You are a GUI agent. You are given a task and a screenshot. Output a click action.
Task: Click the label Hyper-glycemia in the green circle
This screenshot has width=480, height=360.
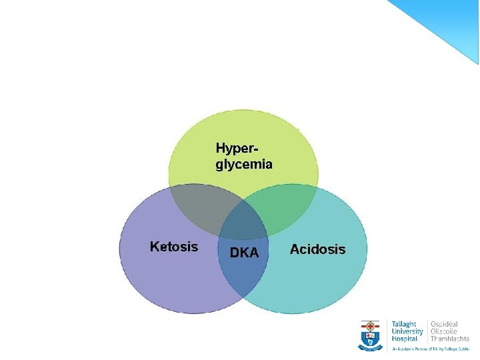tap(243, 155)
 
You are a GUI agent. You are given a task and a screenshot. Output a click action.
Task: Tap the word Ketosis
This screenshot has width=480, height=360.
tap(174, 247)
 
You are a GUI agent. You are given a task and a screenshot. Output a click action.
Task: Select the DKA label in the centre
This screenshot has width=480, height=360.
tap(244, 252)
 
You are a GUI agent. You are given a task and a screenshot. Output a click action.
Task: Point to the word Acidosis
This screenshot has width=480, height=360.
tap(317, 249)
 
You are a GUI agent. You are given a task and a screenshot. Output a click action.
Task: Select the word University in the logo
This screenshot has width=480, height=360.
tap(407, 331)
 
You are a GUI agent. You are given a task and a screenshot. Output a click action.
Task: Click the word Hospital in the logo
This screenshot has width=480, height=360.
tap(405, 339)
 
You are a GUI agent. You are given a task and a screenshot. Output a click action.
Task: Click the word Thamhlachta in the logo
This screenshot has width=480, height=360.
tap(450, 339)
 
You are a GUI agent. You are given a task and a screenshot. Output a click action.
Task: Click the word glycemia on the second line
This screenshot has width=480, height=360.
tap(244, 164)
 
